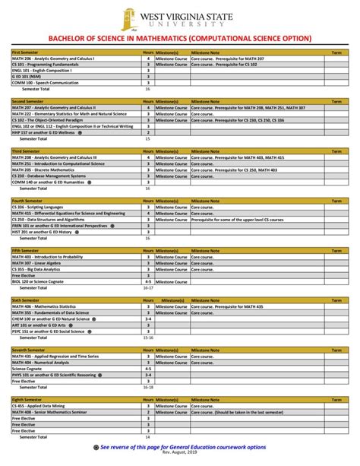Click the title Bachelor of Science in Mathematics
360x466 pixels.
click(180, 38)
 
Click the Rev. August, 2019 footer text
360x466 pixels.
click(180, 453)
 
